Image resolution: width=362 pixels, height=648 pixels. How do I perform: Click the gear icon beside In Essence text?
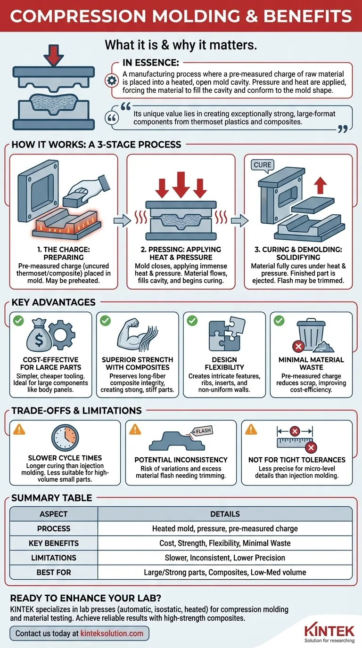[112, 81]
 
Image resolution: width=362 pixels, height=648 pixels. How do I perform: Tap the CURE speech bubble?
[263, 165]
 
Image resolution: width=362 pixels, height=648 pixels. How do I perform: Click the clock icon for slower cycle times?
[65, 437]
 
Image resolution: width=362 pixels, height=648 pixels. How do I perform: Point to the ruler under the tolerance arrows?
[293, 443]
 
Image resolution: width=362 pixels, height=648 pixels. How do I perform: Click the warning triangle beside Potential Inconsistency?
[135, 430]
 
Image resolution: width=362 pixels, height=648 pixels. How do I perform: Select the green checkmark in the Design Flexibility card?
[192, 321]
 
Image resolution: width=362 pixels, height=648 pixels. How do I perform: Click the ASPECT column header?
[54, 514]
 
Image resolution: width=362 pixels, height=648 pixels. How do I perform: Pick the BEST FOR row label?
[54, 572]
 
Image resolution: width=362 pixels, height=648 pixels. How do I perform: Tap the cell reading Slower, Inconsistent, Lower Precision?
[225, 558]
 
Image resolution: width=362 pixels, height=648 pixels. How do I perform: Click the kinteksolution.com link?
[112, 633]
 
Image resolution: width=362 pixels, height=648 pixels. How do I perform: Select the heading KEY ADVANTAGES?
[54, 302]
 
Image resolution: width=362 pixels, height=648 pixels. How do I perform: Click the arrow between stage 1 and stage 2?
[122, 221]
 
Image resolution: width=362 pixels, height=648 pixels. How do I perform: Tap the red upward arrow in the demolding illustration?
[321, 185]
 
